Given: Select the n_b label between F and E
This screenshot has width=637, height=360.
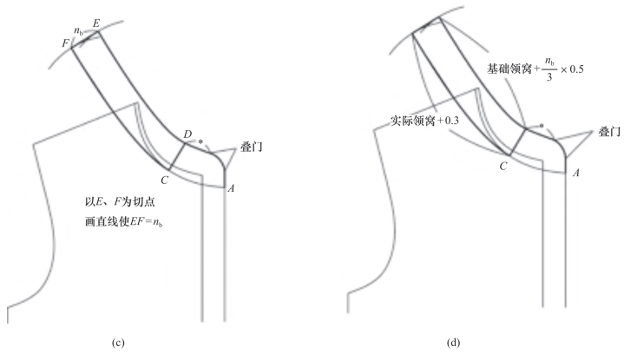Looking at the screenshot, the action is (78, 31).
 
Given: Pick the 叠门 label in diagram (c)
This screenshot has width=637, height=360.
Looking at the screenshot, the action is (252, 148).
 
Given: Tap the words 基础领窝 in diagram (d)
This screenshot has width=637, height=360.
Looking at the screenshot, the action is (510, 68).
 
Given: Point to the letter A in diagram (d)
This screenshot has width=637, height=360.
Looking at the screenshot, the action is (576, 173).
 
